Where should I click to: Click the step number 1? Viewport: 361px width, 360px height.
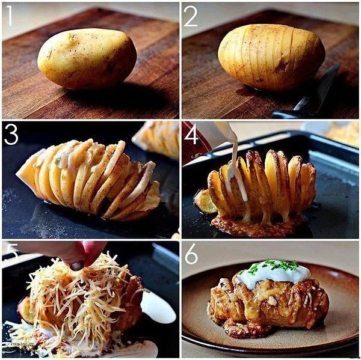[8, 16]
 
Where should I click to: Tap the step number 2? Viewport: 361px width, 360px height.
[190, 16]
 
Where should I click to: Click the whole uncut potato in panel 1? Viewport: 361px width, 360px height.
[87, 59]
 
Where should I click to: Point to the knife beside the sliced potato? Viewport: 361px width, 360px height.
[313, 96]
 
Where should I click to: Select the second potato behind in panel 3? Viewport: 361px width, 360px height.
[158, 138]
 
